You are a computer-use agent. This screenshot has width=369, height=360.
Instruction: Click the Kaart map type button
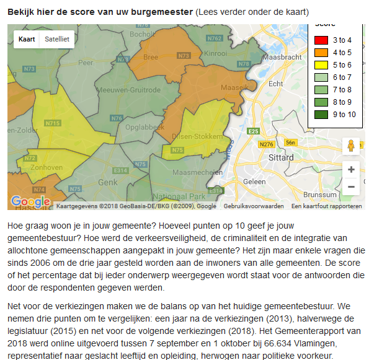point(27,39)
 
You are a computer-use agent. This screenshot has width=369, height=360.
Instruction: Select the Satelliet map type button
point(56,39)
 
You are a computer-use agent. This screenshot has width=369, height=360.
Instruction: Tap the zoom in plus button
point(351,169)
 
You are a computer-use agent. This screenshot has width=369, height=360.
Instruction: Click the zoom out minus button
point(351,186)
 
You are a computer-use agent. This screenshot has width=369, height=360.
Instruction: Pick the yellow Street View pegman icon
point(351,146)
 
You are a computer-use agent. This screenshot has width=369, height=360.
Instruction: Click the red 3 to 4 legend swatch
point(321,40)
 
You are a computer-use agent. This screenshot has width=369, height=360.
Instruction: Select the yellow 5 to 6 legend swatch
point(321,65)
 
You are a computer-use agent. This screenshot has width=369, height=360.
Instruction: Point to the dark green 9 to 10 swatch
point(321,114)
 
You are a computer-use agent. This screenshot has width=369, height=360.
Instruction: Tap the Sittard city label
point(282,158)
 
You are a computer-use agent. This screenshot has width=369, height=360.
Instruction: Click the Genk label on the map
point(107,182)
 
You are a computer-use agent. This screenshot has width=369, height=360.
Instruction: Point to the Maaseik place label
point(234,87)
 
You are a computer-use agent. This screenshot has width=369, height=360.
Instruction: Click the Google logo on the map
point(30,201)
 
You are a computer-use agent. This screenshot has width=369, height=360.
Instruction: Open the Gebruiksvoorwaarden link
point(254,206)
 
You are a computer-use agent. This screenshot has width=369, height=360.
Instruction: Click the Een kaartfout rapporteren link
point(327,206)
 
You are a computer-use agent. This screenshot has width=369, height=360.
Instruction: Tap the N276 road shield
point(267,144)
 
